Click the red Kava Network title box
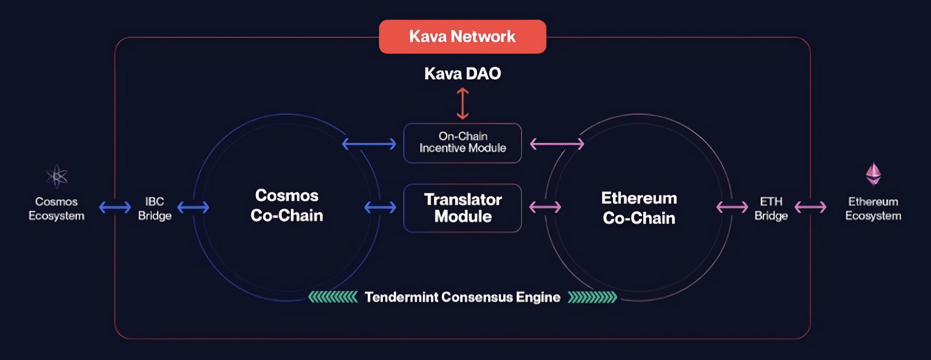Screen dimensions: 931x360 pos(462,37)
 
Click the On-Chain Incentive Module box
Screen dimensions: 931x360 pos(462,143)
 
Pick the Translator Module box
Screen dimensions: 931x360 pos(462,208)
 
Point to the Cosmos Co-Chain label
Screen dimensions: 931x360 pos(287,205)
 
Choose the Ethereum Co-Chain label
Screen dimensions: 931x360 pos(639,208)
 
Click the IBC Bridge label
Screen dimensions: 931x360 pos(155,208)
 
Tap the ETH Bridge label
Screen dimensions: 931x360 pos(771,208)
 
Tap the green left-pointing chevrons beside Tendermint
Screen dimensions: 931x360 pos(333,297)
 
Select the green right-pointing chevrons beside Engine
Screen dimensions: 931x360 pos(592,297)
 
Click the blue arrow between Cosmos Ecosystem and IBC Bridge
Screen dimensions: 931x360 pos(115,207)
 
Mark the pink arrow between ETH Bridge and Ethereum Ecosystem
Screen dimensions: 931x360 pos(810,207)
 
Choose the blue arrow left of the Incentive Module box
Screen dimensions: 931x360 pos(369,144)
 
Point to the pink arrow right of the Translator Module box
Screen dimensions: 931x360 pos(545,207)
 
